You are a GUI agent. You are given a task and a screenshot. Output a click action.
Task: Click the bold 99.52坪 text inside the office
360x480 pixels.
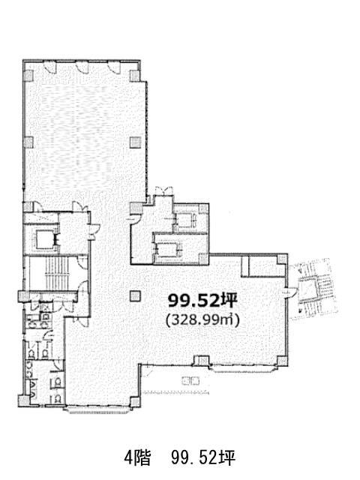(x=202, y=301)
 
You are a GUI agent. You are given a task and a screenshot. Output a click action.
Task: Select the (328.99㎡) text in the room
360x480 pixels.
(x=202, y=320)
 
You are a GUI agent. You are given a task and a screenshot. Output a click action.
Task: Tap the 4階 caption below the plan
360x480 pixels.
(x=137, y=458)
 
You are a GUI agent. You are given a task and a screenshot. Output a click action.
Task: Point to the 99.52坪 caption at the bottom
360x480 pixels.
(x=203, y=458)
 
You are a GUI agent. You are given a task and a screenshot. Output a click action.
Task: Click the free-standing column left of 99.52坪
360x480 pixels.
(x=135, y=296)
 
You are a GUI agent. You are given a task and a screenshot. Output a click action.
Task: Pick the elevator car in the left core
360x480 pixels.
(x=45, y=239)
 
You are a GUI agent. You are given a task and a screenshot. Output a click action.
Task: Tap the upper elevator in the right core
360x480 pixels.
(x=185, y=220)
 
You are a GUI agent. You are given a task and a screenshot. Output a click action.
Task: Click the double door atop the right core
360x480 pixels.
(x=164, y=191)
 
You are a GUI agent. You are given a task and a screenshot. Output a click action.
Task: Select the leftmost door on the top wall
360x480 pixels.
(x=50, y=67)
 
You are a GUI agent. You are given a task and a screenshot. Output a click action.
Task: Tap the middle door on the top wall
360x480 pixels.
(x=82, y=67)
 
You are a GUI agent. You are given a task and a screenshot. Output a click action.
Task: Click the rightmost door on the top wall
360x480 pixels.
(x=114, y=67)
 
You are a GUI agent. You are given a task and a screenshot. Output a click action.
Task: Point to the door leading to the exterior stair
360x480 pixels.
(x=289, y=292)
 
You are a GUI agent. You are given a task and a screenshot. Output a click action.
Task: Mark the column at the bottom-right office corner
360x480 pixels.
(x=282, y=361)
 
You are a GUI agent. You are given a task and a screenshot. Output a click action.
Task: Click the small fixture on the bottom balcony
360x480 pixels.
(x=190, y=382)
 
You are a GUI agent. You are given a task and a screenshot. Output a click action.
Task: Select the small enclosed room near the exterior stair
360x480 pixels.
(x=264, y=265)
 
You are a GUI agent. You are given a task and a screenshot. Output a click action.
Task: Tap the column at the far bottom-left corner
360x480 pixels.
(x=23, y=400)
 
